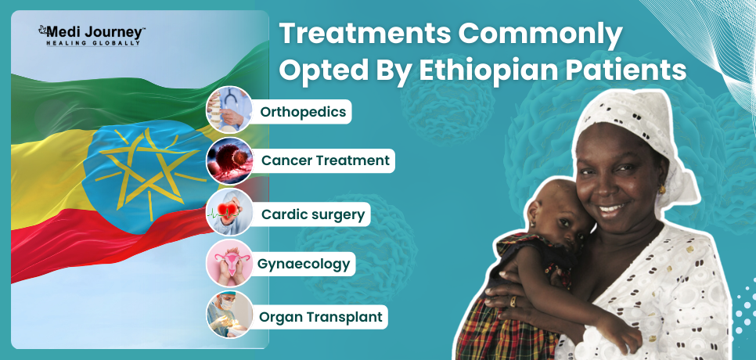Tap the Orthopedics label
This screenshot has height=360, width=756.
(x=303, y=112)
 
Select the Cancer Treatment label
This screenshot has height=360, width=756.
(x=325, y=160)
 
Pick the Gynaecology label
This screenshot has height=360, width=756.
(x=304, y=264)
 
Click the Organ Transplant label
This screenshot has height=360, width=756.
(x=321, y=317)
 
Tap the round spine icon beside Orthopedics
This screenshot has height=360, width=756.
(x=229, y=110)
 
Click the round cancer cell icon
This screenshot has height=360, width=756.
(x=229, y=161)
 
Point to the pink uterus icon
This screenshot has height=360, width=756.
(x=229, y=263)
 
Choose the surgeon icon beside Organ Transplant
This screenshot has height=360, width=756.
(x=229, y=315)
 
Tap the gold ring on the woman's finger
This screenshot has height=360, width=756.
(x=513, y=301)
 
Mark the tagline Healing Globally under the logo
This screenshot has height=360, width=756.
(x=93, y=43)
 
